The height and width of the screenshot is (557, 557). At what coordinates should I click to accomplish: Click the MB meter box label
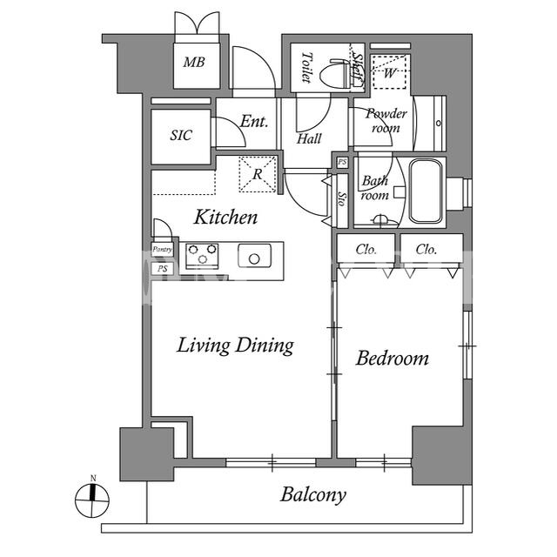tap(194, 63)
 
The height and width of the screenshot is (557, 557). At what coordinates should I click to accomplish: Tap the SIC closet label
tap(181, 135)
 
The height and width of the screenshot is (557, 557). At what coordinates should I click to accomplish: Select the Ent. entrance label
tap(253, 122)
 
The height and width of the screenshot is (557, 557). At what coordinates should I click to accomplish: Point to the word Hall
tap(309, 138)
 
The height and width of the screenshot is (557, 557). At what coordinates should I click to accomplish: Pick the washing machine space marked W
tap(389, 72)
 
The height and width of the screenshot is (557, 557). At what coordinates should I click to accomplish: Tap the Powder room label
tap(386, 121)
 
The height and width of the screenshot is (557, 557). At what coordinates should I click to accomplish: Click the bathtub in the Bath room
tap(426, 191)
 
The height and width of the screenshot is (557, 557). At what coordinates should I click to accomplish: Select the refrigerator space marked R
tap(258, 174)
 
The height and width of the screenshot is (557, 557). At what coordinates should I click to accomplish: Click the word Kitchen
tap(226, 217)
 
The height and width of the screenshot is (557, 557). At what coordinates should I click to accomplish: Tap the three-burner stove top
tap(202, 254)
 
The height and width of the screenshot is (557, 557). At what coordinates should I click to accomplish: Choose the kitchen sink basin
tap(254, 255)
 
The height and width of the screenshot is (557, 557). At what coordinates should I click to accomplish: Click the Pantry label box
tap(163, 250)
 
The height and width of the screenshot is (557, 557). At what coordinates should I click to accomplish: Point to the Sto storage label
tap(342, 199)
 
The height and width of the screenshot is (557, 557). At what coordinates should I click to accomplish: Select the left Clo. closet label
tap(366, 250)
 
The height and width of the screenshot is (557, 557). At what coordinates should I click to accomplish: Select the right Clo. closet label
tap(426, 250)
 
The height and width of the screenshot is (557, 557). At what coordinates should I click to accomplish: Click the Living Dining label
tap(236, 346)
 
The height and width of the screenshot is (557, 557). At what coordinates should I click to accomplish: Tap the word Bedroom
tap(393, 358)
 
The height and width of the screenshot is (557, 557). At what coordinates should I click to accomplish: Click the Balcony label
tap(313, 495)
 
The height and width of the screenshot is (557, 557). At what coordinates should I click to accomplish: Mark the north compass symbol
tap(92, 500)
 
